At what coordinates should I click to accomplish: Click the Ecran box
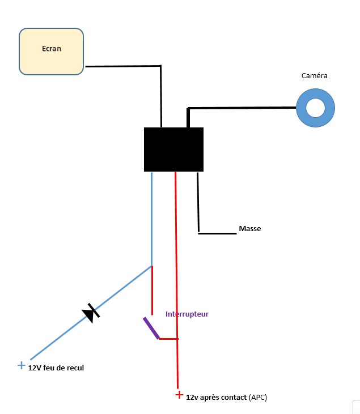pos(52,52)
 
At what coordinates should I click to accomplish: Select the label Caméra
pos(315,75)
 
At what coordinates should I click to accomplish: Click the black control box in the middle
pos(173,149)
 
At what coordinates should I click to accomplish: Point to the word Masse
pos(250,229)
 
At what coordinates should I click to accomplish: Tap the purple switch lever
pos(151,328)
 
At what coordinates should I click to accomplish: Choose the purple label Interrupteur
pos(187,313)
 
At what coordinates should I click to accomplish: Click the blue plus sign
pos(22,365)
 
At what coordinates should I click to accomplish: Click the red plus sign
pos(179,395)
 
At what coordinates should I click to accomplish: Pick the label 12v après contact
pos(216,398)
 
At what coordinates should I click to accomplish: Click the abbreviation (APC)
pos(258,398)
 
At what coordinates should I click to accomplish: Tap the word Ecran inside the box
pos(52,48)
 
